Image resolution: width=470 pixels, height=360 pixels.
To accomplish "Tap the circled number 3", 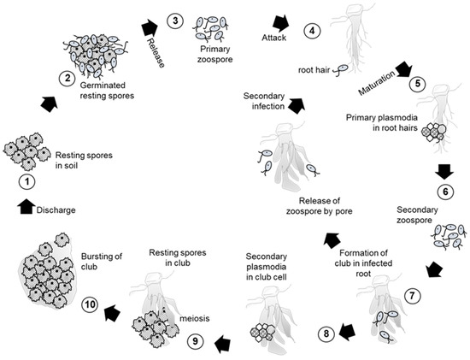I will point(173,20).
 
